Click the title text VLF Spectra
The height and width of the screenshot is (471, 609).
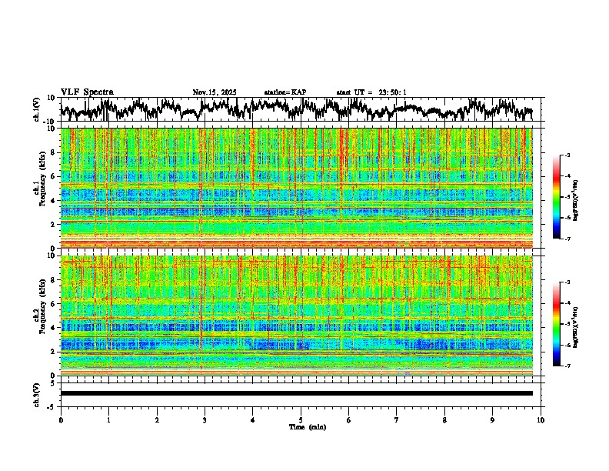[87, 92]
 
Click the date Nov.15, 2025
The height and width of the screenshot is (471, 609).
[215, 92]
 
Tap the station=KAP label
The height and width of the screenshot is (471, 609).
[285, 92]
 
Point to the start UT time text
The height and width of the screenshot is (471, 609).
[371, 92]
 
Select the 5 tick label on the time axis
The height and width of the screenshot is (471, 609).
[301, 419]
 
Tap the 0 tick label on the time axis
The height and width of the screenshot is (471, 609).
[61, 419]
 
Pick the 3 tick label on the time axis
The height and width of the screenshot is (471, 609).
[205, 419]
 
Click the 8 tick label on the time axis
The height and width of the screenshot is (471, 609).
[444, 419]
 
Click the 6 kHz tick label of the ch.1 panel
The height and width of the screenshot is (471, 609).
[52, 177]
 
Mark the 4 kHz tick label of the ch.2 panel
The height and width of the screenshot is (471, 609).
[52, 328]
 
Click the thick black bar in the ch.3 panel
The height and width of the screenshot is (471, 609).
[296, 393]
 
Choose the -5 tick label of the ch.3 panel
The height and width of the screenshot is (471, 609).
[52, 406]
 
